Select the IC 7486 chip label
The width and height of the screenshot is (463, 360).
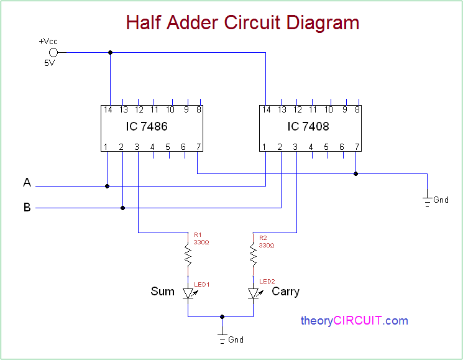146,126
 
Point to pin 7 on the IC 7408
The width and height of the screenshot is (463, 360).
357,147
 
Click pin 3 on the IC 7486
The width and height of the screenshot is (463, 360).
137,147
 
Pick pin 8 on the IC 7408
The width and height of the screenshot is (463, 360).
357,110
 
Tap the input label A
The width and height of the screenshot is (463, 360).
27,183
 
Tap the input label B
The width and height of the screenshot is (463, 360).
27,208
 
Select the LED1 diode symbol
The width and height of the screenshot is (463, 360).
188,293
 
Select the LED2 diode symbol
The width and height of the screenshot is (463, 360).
253,293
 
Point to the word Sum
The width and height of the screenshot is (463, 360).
163,291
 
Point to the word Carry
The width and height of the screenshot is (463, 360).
285,291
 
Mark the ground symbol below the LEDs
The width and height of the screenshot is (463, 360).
221,339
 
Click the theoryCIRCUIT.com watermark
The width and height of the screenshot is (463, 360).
354,321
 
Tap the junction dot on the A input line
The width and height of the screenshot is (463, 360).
107,185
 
